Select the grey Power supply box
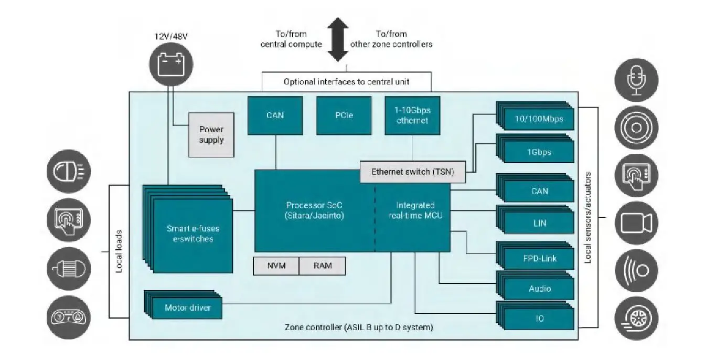click(x=211, y=135)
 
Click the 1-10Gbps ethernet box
click(x=411, y=115)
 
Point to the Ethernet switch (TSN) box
click(x=412, y=172)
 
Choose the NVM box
click(x=276, y=266)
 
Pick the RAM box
click(x=323, y=266)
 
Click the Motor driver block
click(x=187, y=308)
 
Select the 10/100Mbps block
click(x=539, y=119)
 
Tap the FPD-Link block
click(x=539, y=258)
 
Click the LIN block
click(x=539, y=223)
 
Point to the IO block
click(x=539, y=318)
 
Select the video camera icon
click(x=636, y=223)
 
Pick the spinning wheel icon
click(x=636, y=318)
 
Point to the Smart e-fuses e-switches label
click(x=193, y=234)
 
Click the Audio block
click(x=539, y=289)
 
